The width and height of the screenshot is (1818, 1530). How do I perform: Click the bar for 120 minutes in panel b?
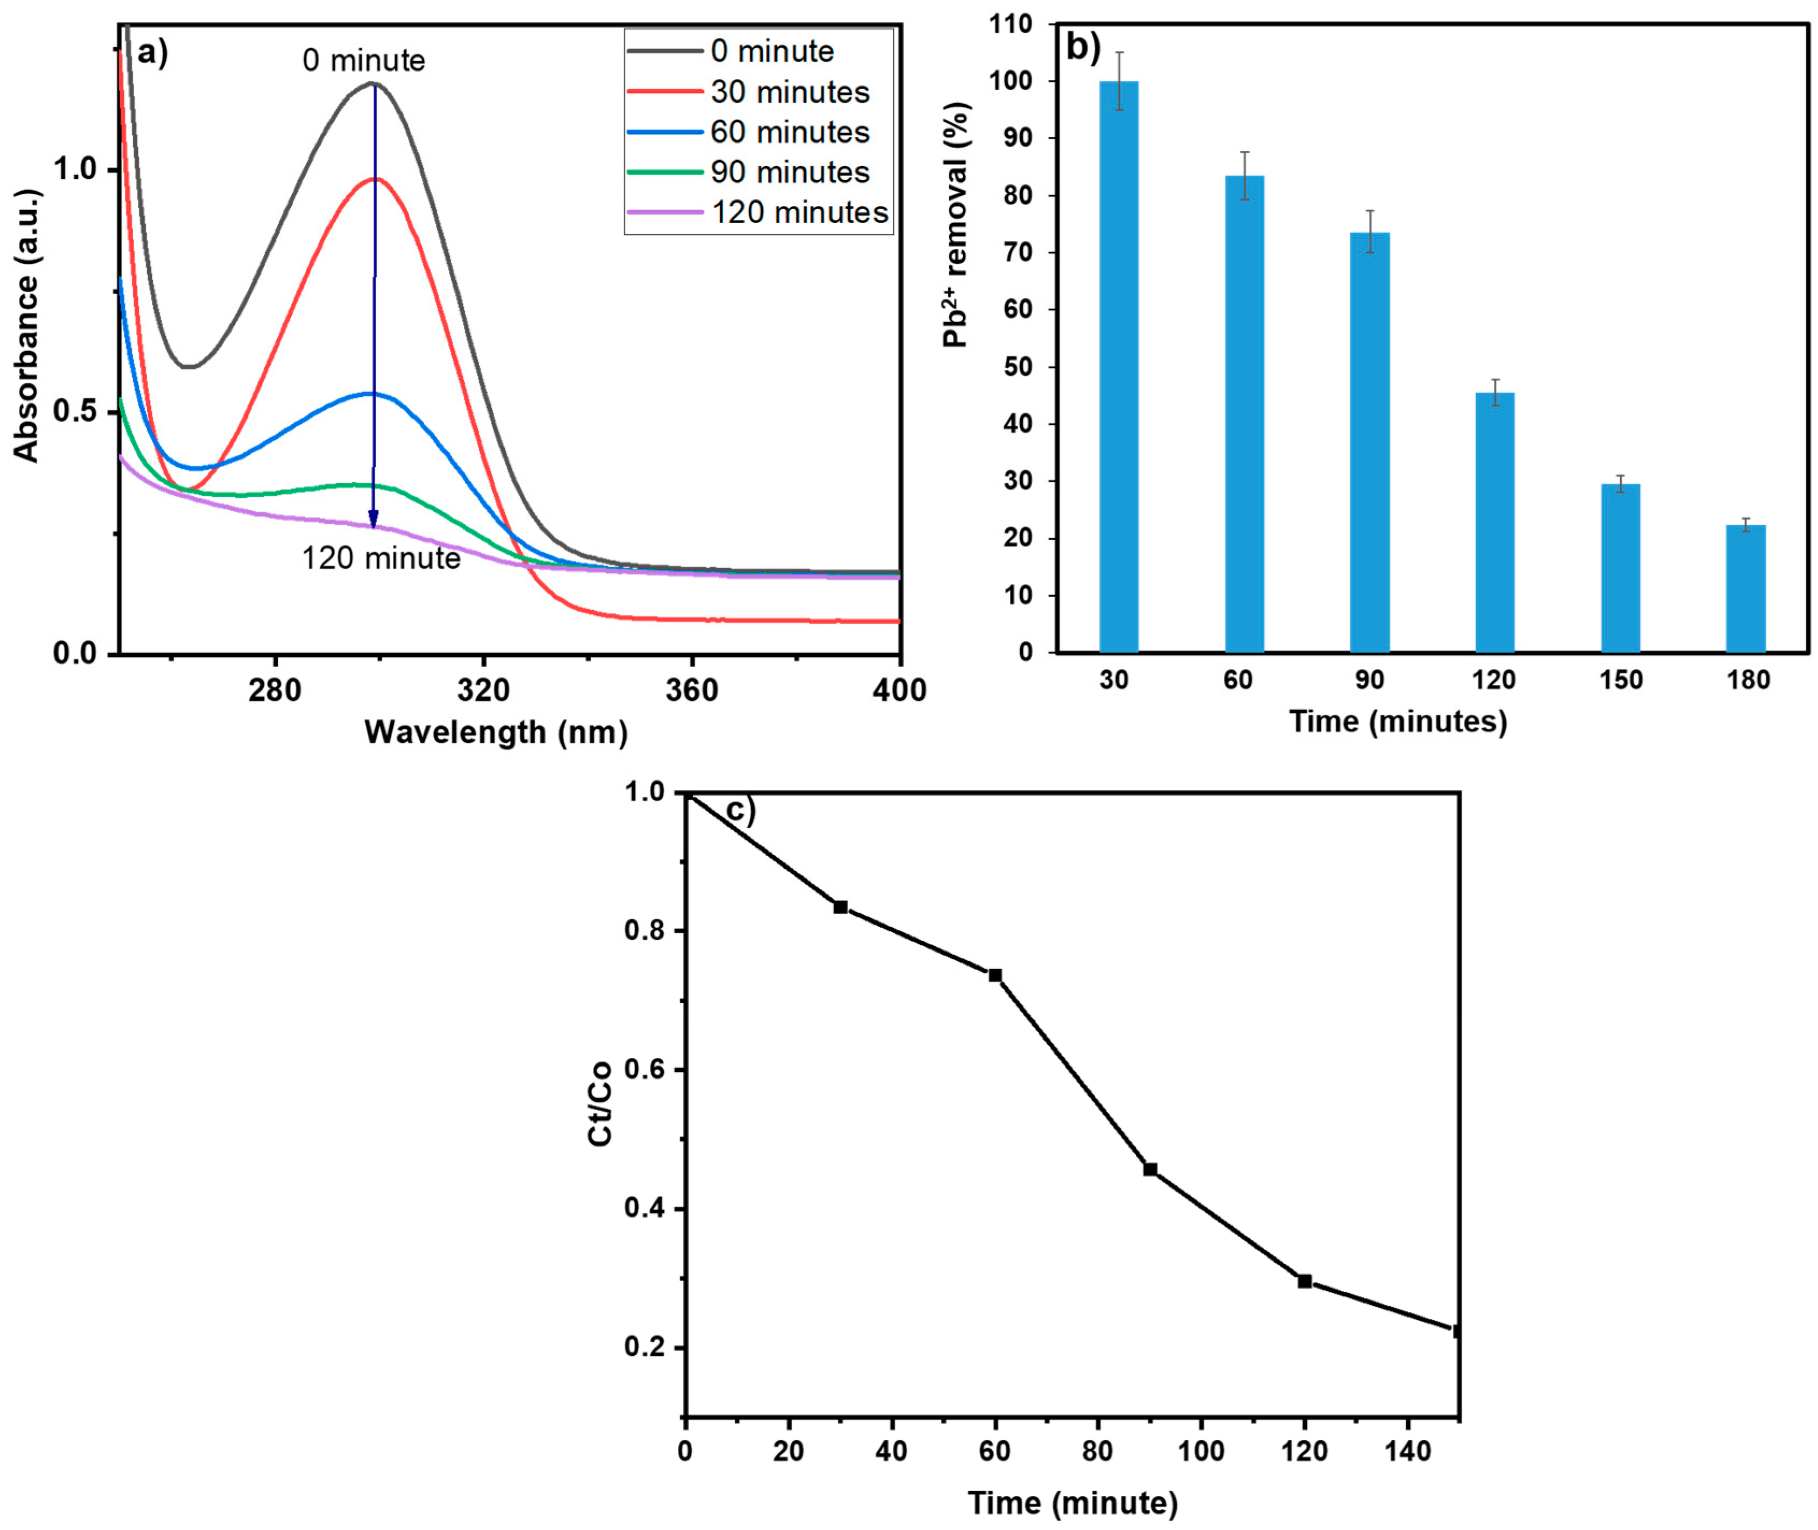pos(1494,522)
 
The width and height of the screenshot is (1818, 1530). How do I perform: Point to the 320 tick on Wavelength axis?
pos(483,690)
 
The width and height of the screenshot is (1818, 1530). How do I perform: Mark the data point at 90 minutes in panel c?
pos(1150,1169)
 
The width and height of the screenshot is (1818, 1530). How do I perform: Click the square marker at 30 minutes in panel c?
pos(840,907)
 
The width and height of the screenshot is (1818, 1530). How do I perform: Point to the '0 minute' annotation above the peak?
pos(363,61)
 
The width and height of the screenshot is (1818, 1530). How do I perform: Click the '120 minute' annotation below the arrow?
pos(381,557)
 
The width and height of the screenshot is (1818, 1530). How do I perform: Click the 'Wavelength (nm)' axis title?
pos(495,732)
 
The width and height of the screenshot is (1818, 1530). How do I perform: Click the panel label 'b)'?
pos(1083,48)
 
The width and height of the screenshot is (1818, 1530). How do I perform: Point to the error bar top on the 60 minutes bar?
pos(1244,153)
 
